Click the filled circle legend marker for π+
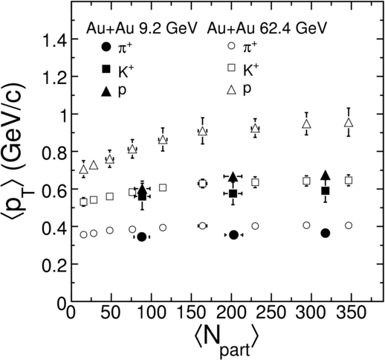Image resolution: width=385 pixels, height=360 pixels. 106,47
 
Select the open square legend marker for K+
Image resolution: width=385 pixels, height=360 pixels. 232,68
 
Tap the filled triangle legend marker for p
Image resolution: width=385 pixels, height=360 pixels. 106,91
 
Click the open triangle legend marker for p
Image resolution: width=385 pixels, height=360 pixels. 232,89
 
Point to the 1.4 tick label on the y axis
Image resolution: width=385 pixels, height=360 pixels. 55,39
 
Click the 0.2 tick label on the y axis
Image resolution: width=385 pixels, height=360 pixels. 54,265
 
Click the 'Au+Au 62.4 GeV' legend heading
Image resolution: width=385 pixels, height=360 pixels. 266,29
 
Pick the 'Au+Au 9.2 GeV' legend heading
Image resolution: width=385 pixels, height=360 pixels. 142,29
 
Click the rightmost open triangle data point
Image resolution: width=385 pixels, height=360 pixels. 349,123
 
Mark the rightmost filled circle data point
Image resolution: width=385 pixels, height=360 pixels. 326,233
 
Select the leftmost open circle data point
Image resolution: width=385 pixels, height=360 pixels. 84,234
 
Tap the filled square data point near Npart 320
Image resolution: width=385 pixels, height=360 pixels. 326,191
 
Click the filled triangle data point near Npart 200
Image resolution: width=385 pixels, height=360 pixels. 233,176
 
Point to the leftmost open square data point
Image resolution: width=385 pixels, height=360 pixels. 84,202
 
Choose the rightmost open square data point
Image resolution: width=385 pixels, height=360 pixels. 349,180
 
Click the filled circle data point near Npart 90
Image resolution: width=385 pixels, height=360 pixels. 142,237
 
